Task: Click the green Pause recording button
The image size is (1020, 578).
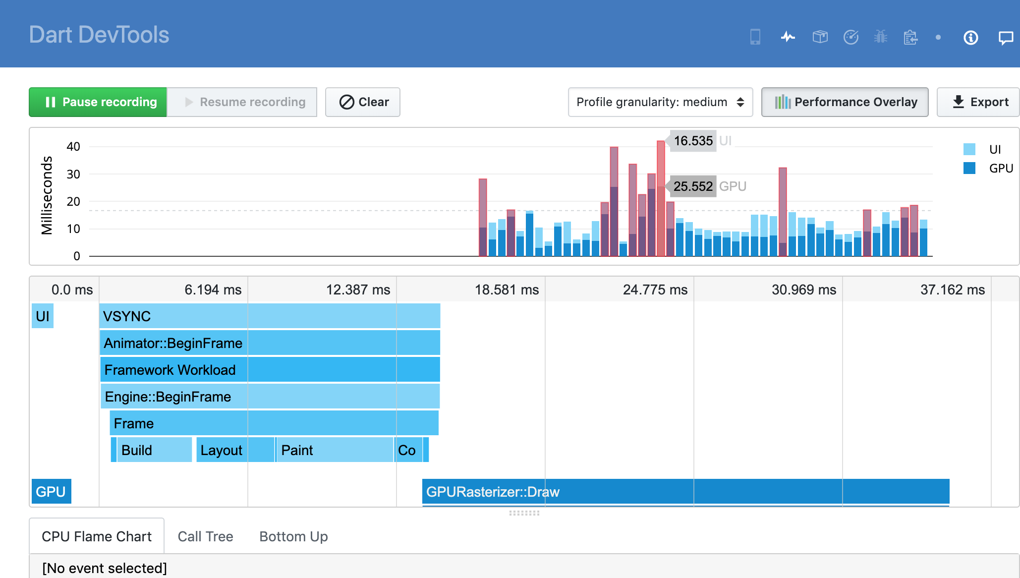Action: [x=98, y=102]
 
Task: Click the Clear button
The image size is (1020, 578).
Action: [x=363, y=102]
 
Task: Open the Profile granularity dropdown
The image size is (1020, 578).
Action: [x=660, y=102]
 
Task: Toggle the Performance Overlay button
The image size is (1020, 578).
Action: [x=845, y=102]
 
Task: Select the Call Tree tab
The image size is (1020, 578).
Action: [x=205, y=536]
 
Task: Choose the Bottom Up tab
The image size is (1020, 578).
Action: [x=293, y=536]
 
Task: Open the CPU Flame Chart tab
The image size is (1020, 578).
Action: [x=97, y=536]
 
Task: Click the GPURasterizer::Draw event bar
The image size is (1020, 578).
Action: [x=685, y=492]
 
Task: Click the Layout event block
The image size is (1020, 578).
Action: [x=235, y=450]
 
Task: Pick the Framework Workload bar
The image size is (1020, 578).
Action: [x=270, y=370]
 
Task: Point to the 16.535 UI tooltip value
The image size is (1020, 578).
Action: [x=693, y=141]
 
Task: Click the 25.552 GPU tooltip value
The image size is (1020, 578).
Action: [x=693, y=186]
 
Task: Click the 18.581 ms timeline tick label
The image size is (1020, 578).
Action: [x=507, y=289]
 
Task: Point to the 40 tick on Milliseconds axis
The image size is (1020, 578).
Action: [x=73, y=147]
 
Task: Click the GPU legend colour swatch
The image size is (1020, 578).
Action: [x=969, y=168]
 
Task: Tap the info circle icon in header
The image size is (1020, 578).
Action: [x=970, y=38]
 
